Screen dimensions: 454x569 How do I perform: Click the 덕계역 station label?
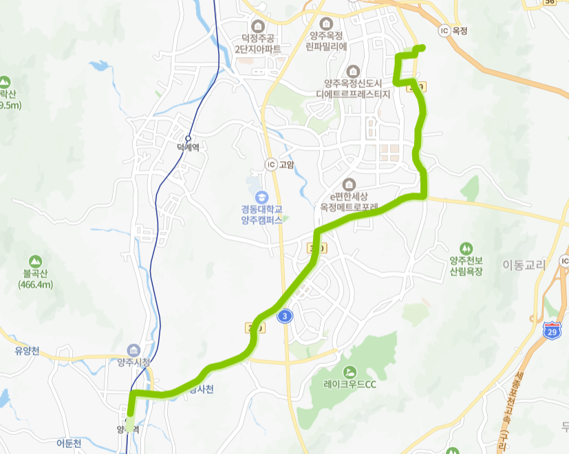pyautogui.click(x=188, y=147)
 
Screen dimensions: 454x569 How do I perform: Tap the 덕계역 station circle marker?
pyautogui.click(x=188, y=138)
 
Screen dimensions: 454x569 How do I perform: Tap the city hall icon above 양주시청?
pyautogui.click(x=133, y=349)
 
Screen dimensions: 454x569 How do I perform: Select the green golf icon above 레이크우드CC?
pyautogui.click(x=352, y=371)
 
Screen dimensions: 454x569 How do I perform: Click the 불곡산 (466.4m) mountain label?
pyautogui.click(x=35, y=278)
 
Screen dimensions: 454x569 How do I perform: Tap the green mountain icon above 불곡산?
pyautogui.click(x=35, y=261)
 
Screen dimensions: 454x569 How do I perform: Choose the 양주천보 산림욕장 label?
pyautogui.click(x=466, y=266)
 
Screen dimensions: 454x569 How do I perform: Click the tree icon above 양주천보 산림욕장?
pyautogui.click(x=466, y=248)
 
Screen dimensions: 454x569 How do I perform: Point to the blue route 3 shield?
pyautogui.click(x=284, y=316)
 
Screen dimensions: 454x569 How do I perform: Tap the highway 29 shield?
pyautogui.click(x=551, y=330)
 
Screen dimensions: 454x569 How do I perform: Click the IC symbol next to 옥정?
pyautogui.click(x=444, y=31)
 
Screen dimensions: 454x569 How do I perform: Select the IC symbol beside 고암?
pyautogui.click(x=271, y=164)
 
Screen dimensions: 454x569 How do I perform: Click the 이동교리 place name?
pyautogui.click(x=524, y=264)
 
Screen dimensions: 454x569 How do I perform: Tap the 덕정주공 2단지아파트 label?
pyautogui.click(x=257, y=44)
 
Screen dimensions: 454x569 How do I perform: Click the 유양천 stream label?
pyautogui.click(x=27, y=351)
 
